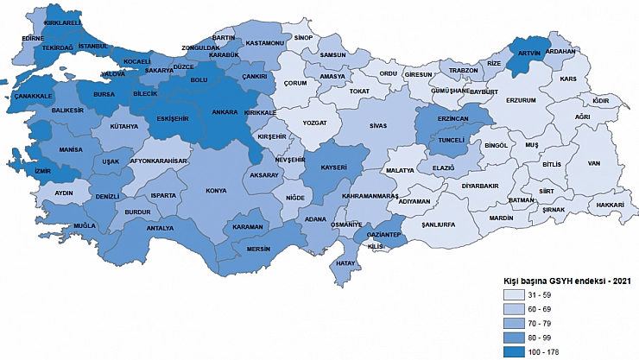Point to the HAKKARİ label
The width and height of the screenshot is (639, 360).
609,205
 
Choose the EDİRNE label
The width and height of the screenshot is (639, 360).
33,39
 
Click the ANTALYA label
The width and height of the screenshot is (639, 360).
161,229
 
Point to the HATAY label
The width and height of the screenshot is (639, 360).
345,262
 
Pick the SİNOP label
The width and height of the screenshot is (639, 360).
302,38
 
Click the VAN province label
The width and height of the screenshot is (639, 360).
593,162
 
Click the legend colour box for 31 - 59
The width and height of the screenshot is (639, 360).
516,296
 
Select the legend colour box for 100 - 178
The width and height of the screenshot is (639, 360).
516,351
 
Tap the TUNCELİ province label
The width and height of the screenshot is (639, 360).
452,139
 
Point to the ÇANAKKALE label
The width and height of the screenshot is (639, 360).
35,96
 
